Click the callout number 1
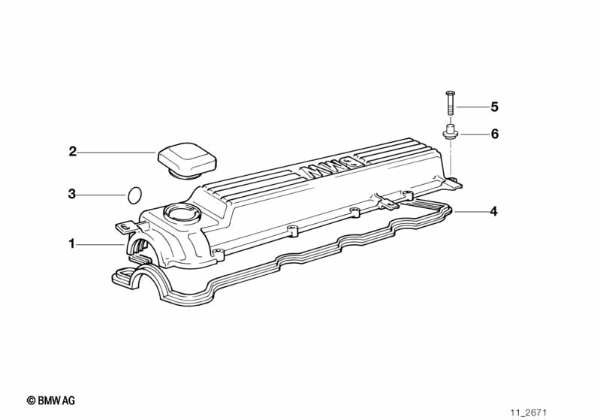click(71, 243)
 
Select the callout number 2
click(72, 152)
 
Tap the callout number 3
click(72, 194)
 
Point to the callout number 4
click(494, 211)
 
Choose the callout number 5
click(495, 107)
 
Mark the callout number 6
click(495, 134)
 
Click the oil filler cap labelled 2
click(187, 161)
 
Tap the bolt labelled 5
click(451, 103)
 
